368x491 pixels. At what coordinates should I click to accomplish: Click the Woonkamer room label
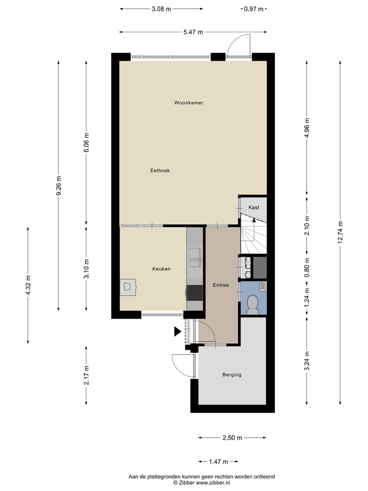(189, 103)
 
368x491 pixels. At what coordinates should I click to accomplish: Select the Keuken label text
(161, 269)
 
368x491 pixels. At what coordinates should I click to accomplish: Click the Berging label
(232, 374)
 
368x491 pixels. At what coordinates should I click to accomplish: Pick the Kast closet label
(254, 207)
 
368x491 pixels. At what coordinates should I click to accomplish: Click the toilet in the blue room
(252, 305)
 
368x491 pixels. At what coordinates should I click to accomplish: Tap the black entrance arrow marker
(177, 331)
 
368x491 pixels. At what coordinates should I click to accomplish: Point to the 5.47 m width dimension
(193, 32)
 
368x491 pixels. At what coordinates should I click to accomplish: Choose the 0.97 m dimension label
(254, 9)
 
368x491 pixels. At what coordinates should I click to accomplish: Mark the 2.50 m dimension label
(232, 438)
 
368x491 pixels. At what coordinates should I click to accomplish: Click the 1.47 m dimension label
(218, 462)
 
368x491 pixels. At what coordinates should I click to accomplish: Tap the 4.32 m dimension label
(28, 285)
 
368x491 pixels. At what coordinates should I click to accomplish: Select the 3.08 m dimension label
(162, 9)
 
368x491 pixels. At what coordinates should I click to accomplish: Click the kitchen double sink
(195, 258)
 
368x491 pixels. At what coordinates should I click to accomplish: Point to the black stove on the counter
(195, 293)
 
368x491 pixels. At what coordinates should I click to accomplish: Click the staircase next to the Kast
(253, 234)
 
